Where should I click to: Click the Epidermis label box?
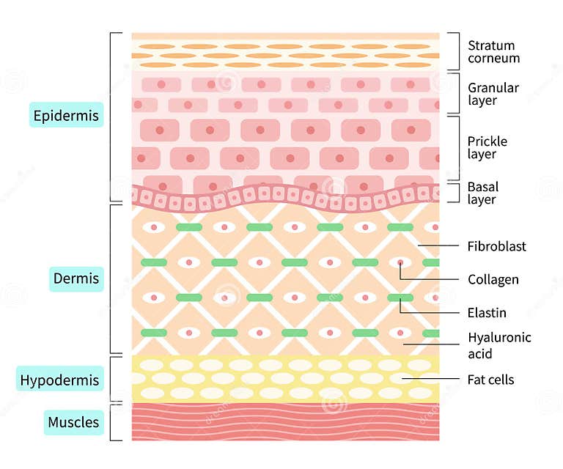pos(66,115)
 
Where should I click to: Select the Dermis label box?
pos(76,279)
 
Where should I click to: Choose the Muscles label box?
pos(73,422)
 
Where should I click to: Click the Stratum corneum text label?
pos(493,52)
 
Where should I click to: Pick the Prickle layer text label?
pos(487,147)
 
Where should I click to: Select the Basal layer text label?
pos(482,193)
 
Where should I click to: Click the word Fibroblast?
pos(497,247)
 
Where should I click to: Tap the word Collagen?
pos(493,280)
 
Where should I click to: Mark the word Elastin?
pos(487,313)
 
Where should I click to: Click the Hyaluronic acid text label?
pos(499,346)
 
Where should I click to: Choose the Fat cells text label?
pos(490,380)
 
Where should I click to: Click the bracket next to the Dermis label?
pos(111,279)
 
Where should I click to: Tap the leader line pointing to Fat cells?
pos(431,379)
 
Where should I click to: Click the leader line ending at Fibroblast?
pos(438,246)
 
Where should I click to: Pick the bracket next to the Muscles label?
pos(111,422)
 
